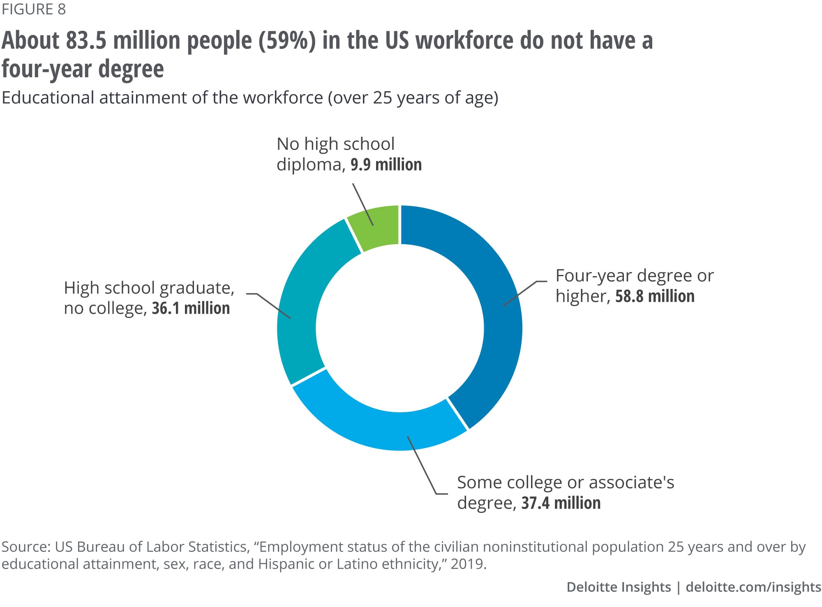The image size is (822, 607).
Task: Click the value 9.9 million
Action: [x=386, y=165]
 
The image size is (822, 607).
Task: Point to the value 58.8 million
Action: [x=655, y=296]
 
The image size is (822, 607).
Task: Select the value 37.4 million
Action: [x=561, y=503]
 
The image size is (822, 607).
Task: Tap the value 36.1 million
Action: [x=191, y=308]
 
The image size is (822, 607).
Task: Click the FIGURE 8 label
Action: [x=34, y=9]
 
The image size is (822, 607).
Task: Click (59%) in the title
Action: [x=287, y=41]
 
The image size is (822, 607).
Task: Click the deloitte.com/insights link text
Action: [x=753, y=587]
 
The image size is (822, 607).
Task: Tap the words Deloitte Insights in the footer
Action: [x=618, y=587]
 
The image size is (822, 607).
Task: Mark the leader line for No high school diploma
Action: [x=363, y=204]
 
